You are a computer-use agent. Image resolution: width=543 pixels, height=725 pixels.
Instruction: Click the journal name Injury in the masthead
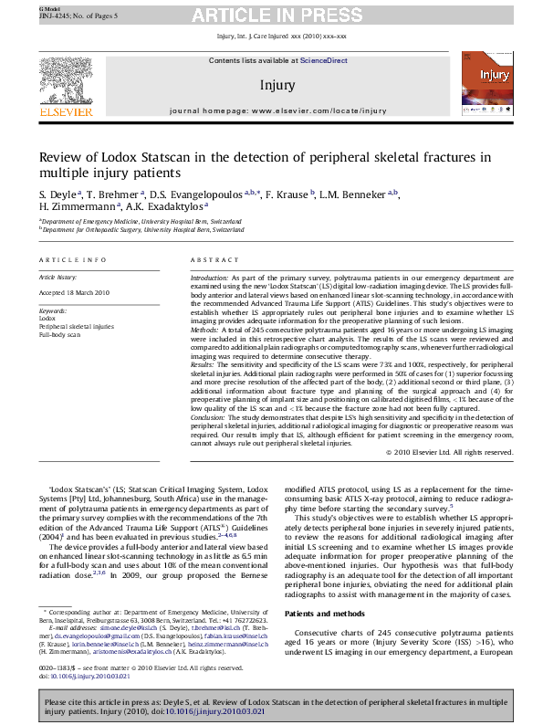277,85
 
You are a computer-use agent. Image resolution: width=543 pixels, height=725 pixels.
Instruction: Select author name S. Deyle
58,194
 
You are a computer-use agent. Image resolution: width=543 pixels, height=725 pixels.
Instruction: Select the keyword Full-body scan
58,335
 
